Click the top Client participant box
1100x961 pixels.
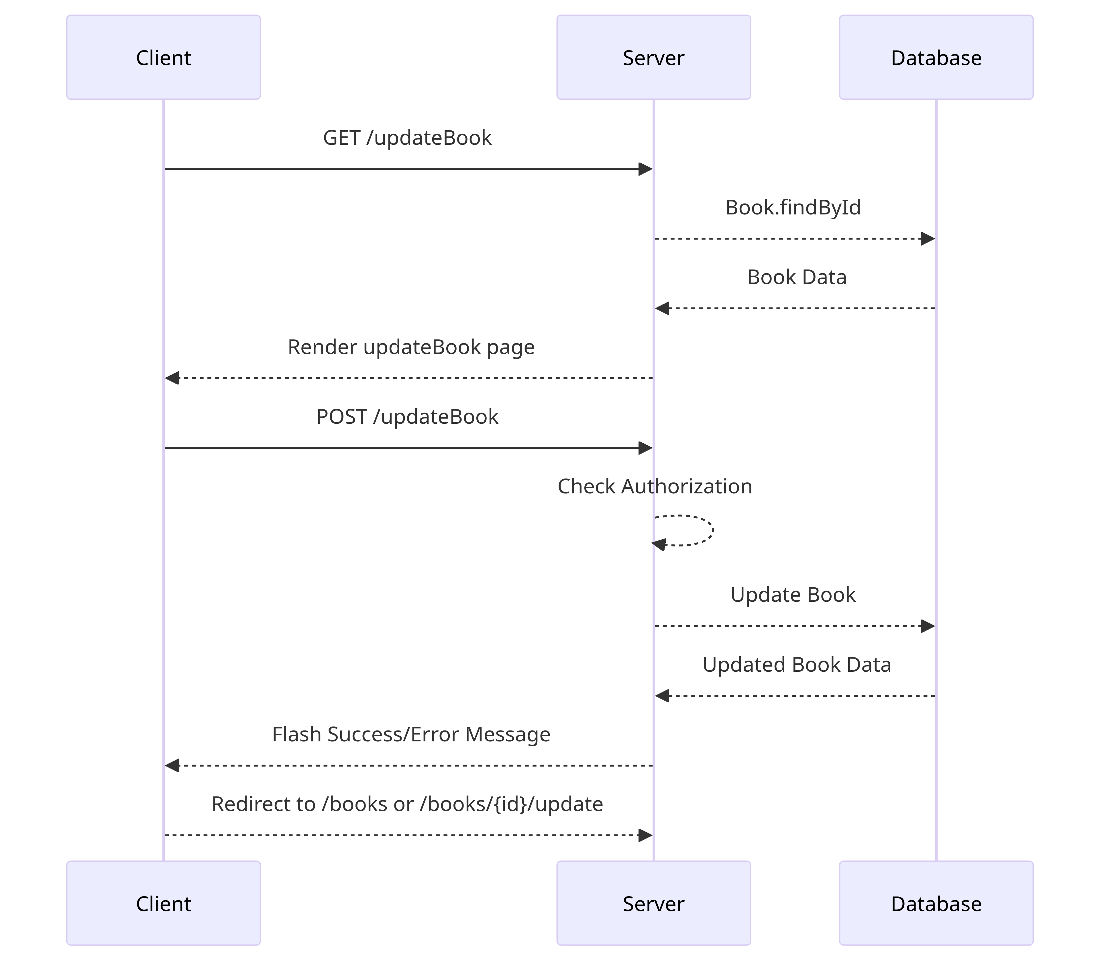click(163, 57)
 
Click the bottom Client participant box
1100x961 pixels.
click(163, 904)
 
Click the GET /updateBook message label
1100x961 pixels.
click(407, 138)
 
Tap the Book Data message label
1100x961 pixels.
click(797, 277)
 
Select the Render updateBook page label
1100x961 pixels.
click(411, 347)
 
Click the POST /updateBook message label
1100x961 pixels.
click(407, 417)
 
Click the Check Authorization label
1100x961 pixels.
click(655, 487)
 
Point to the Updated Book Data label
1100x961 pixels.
click(797, 665)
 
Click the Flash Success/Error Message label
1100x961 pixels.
click(411, 734)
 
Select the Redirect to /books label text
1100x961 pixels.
click(407, 804)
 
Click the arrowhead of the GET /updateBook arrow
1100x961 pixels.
click(645, 169)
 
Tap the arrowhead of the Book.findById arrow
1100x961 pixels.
click(928, 239)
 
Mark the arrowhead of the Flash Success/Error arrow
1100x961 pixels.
click(172, 765)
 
